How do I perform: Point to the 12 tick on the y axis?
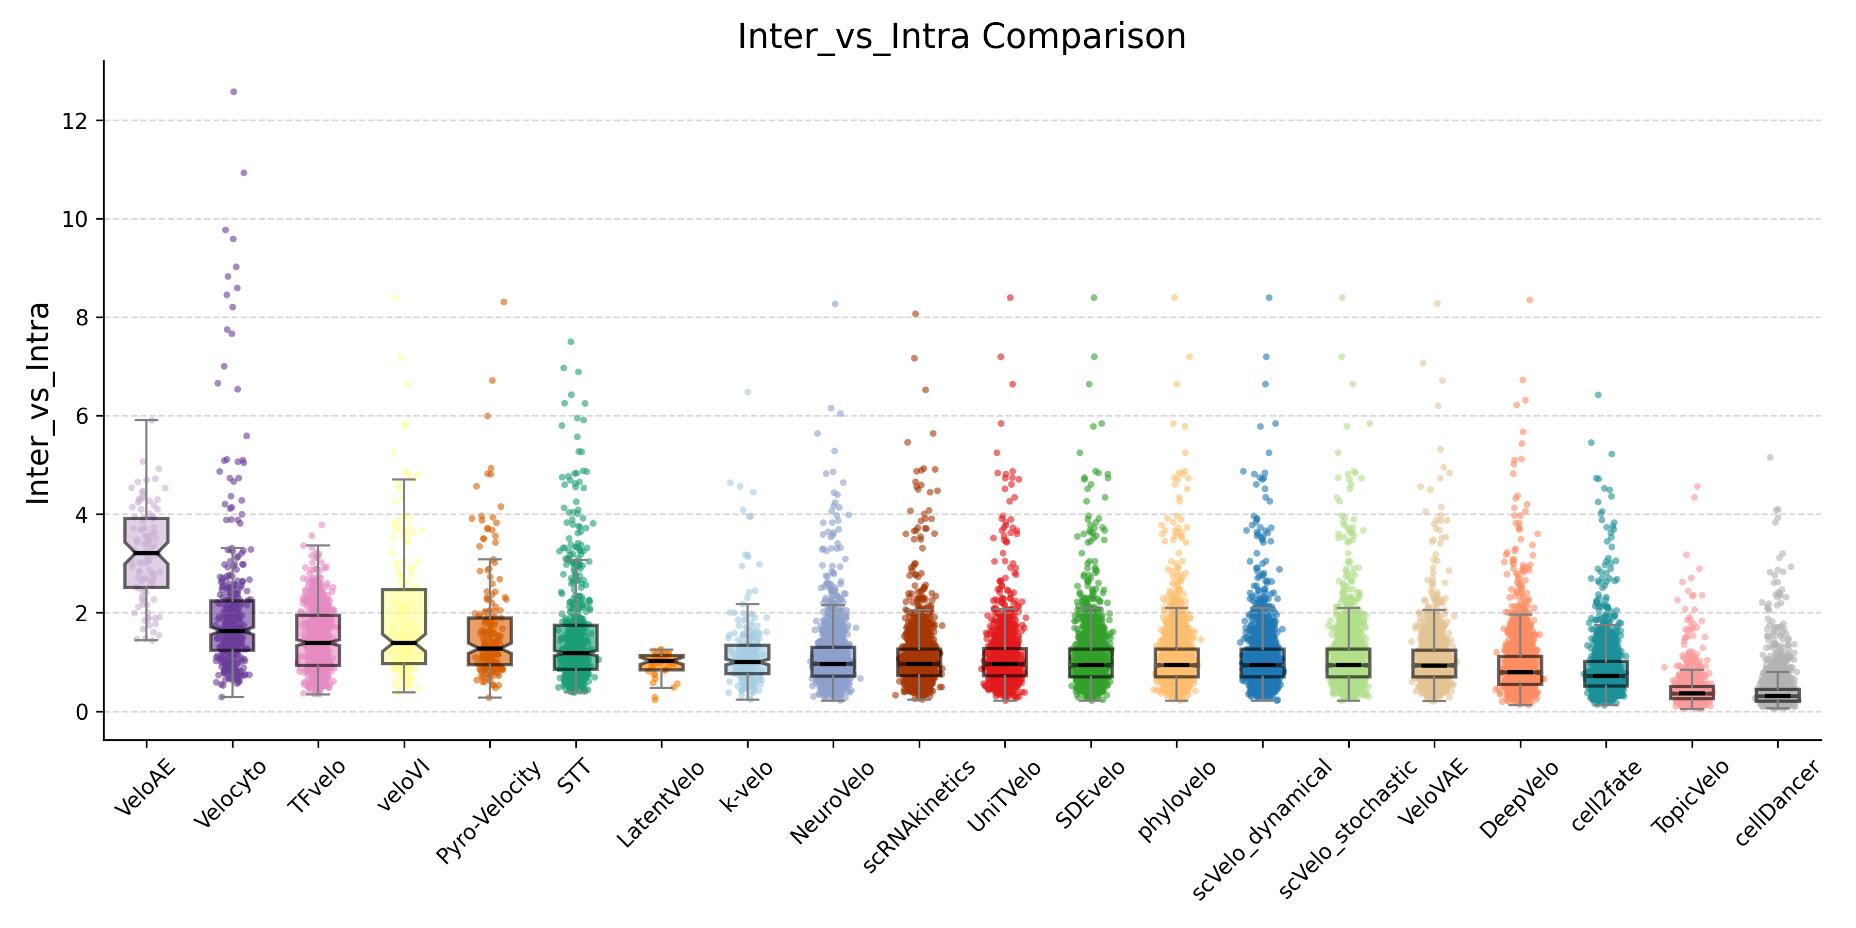(x=74, y=121)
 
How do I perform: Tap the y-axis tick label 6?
(x=79, y=417)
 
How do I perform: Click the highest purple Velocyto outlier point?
(x=234, y=91)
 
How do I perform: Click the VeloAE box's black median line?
(x=146, y=553)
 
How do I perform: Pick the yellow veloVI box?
(x=404, y=625)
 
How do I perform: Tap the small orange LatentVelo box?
(x=661, y=662)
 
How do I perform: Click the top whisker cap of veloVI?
(x=404, y=479)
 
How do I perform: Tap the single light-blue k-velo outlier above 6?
(x=748, y=392)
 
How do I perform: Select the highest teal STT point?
(x=571, y=341)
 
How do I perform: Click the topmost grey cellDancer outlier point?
(x=1769, y=457)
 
